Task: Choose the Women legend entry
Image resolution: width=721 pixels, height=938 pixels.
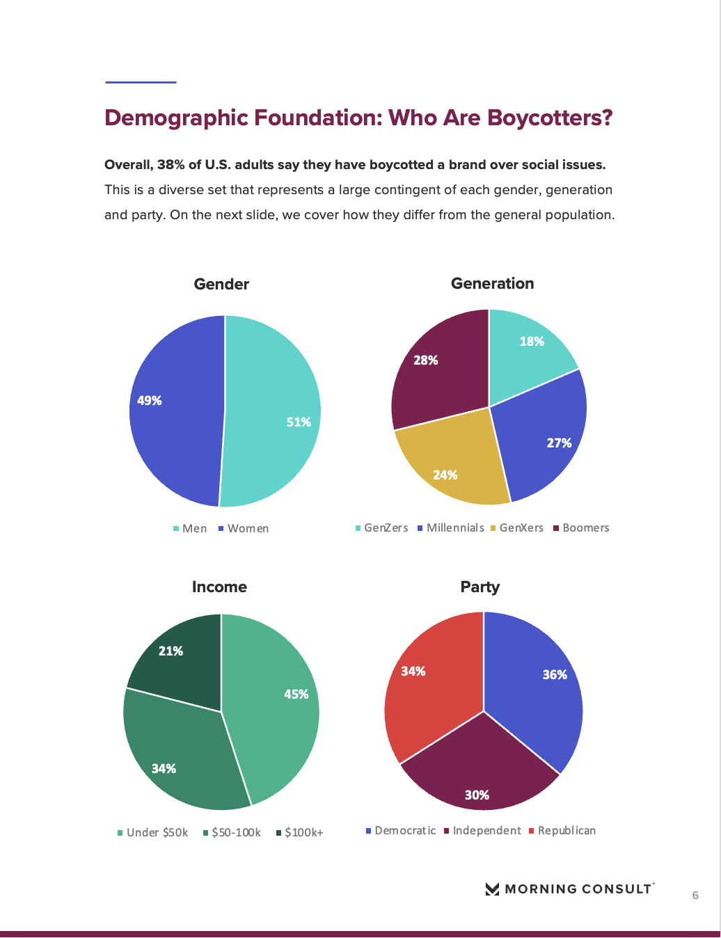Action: coord(244,529)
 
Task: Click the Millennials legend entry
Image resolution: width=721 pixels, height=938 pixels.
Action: coord(451,528)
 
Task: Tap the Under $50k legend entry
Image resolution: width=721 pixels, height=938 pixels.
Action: coord(153,833)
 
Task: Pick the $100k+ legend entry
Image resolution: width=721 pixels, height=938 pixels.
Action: coord(300,833)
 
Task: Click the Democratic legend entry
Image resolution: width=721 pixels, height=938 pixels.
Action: coord(401,831)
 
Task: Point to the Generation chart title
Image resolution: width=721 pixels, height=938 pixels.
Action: coord(493,284)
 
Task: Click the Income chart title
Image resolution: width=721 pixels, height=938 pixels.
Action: coord(219,587)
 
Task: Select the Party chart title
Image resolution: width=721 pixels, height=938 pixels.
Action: coord(480,587)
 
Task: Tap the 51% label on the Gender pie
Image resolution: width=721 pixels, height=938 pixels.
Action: coord(299,422)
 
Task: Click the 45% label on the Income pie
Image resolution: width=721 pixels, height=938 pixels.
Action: coord(296,694)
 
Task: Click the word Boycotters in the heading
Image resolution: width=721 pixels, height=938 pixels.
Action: coord(549,118)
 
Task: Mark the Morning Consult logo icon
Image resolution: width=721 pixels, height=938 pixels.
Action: coord(492,889)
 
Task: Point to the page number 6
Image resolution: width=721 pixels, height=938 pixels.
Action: coord(695,896)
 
